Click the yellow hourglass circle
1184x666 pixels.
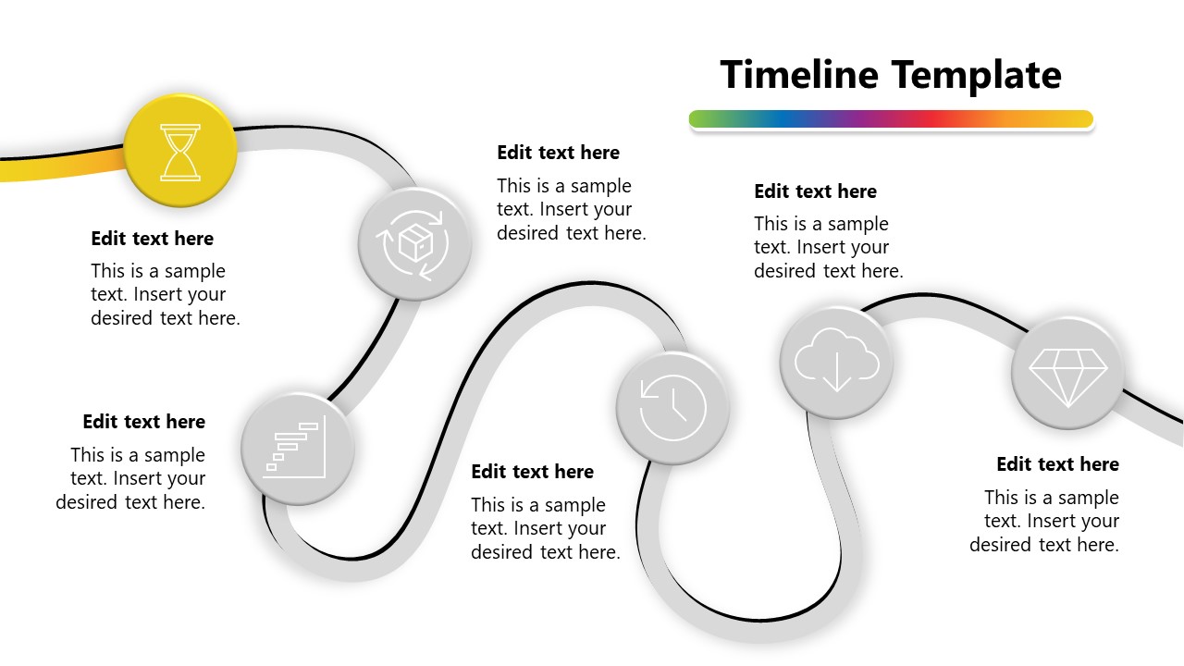pyautogui.click(x=180, y=152)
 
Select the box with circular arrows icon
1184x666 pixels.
pyautogui.click(x=415, y=243)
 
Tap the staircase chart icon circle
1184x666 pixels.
pyautogui.click(x=297, y=449)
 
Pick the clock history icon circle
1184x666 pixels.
pyautogui.click(x=672, y=407)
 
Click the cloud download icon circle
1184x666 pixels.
pyautogui.click(x=836, y=363)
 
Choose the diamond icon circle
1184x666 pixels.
pyautogui.click(x=1067, y=374)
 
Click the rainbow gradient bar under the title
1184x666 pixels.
pyautogui.click(x=891, y=119)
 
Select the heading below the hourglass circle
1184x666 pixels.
pyautogui.click(x=152, y=239)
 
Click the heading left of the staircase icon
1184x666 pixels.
pyautogui.click(x=143, y=422)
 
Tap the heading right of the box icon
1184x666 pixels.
pyautogui.click(x=558, y=153)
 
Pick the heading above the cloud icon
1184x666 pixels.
pyautogui.click(x=815, y=191)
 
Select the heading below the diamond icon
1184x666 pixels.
pyautogui.click(x=1057, y=464)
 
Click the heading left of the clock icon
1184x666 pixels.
pyautogui.click(x=532, y=472)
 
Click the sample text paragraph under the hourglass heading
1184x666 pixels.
pyautogui.click(x=165, y=295)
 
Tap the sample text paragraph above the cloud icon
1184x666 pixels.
pyautogui.click(x=828, y=247)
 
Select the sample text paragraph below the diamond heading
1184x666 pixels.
pyautogui.click(x=1045, y=521)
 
